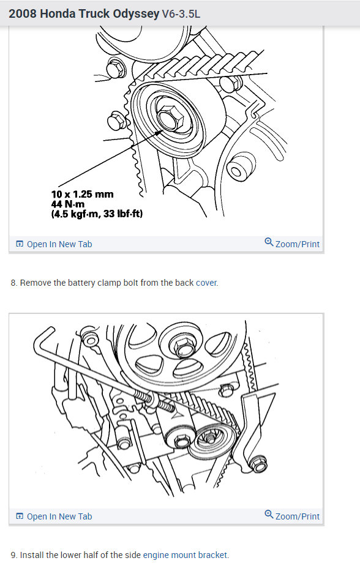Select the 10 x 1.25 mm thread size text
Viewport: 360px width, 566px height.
coord(82,194)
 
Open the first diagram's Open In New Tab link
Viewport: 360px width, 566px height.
coord(59,244)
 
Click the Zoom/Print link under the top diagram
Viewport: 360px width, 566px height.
coord(297,244)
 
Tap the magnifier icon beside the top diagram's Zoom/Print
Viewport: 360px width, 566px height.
coord(269,242)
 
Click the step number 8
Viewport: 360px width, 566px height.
coord(13,283)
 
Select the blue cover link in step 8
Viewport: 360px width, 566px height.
coord(206,283)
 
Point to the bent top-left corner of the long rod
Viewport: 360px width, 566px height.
coord(44,333)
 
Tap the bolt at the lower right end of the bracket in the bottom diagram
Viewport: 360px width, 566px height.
coord(260,464)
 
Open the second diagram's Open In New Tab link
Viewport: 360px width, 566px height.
coord(59,516)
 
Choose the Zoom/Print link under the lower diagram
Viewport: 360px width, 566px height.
coord(297,516)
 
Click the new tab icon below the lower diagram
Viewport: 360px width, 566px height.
coord(20,516)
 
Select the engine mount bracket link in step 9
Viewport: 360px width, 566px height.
coord(186,555)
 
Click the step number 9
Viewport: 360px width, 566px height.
coord(13,555)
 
